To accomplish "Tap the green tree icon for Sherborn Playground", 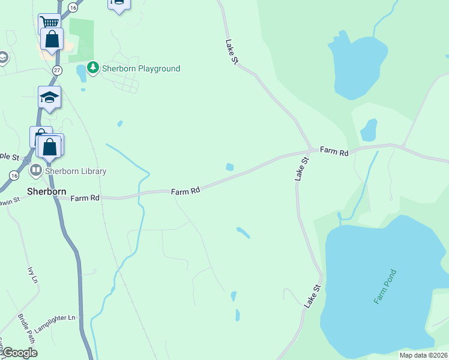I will tap(92, 67).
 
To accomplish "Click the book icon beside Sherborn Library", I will tap(35, 171).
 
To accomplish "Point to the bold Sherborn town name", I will tap(46, 192).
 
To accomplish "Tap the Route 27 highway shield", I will tap(57, 70).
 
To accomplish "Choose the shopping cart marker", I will tap(49, 23).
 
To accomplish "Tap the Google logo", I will tap(20, 353).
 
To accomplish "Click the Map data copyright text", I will tap(423, 355).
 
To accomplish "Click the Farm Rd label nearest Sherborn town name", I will tap(84, 198).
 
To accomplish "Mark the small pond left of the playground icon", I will tap(80, 74).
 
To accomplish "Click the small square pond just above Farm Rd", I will tap(229, 167).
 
